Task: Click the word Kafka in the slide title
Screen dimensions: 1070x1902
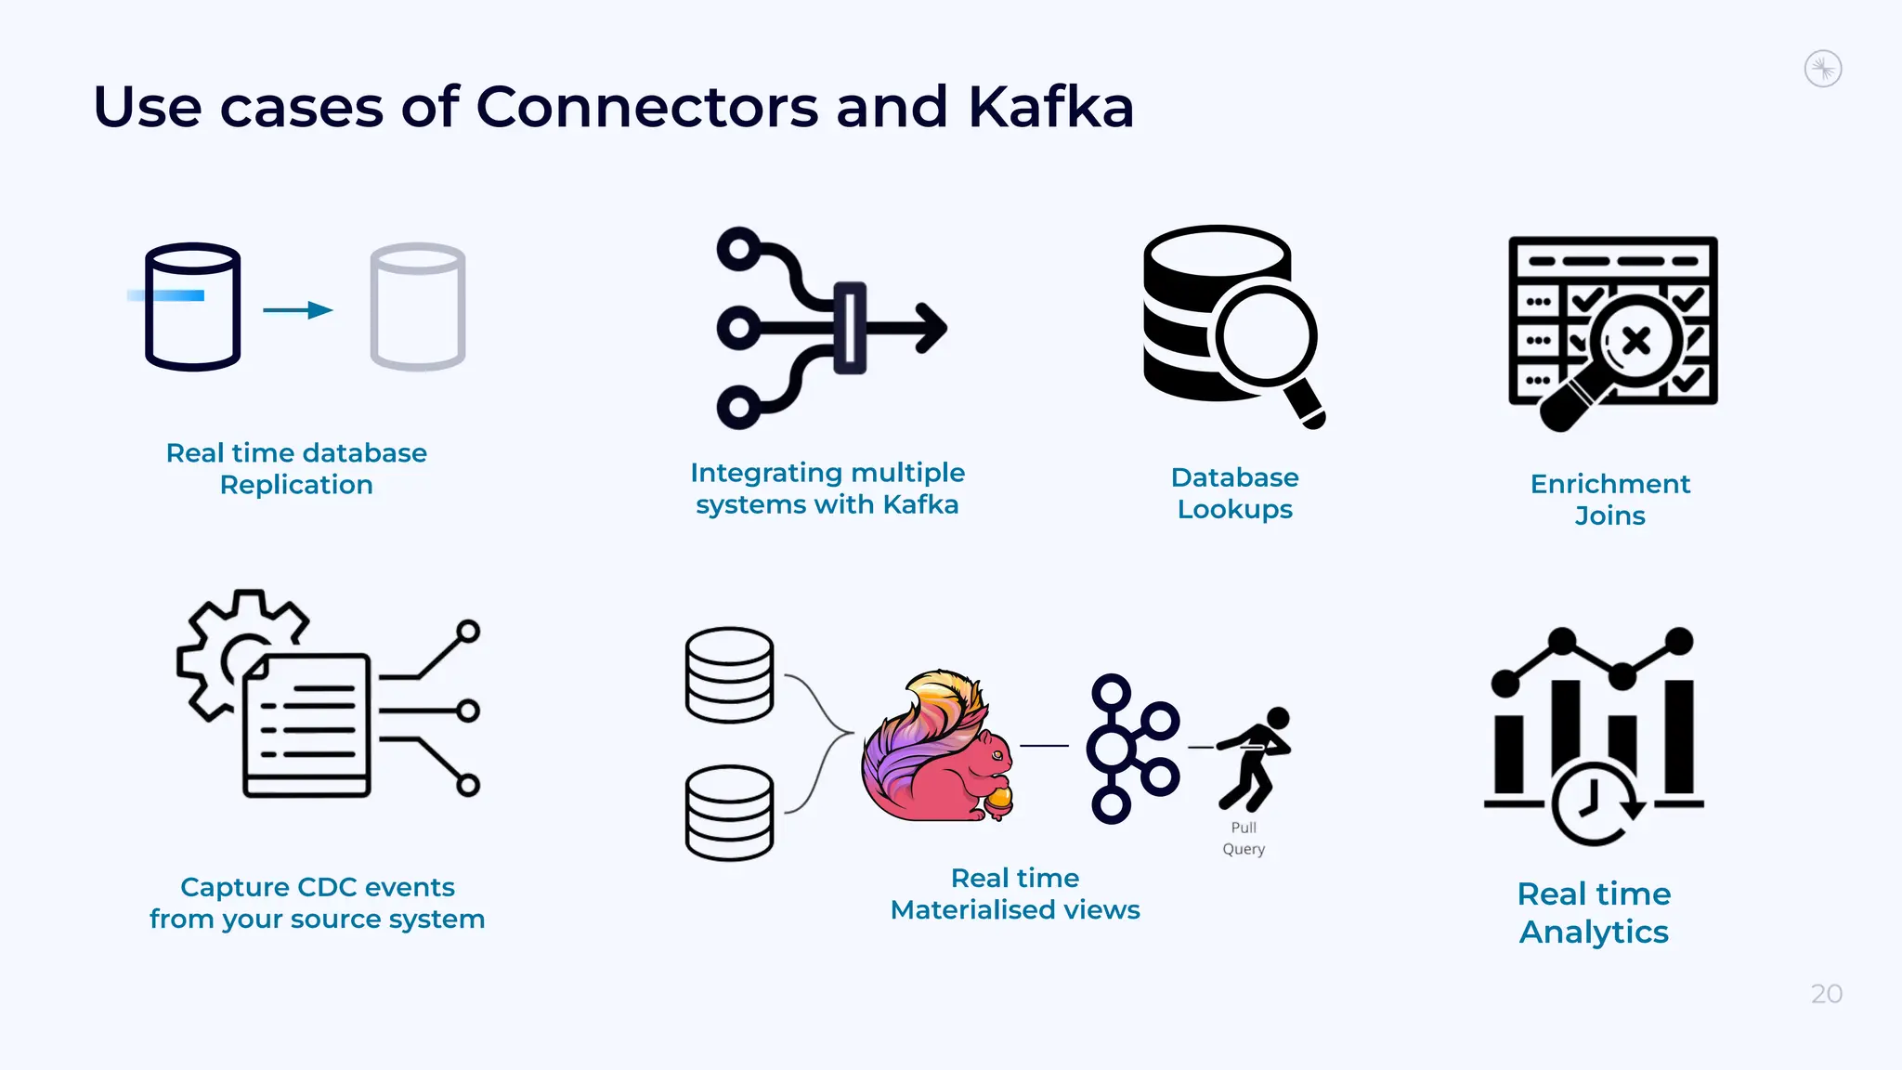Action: [1050, 107]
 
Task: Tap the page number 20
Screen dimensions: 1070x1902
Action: [1826, 994]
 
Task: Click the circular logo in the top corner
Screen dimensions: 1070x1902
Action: [1823, 69]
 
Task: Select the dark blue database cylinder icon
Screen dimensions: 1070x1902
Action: [193, 307]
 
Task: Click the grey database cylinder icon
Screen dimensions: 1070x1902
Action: [418, 307]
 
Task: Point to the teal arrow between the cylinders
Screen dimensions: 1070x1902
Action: [298, 310]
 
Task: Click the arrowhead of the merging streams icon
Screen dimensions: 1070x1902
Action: [931, 328]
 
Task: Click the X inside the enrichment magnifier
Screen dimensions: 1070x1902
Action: [1636, 341]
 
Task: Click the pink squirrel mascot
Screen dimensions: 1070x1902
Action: [938, 748]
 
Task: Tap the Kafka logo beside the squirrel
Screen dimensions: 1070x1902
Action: [1132, 748]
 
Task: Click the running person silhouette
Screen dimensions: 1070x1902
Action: [1255, 757]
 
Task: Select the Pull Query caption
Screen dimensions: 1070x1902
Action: [1244, 838]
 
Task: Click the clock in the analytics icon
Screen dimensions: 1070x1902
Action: [1592, 803]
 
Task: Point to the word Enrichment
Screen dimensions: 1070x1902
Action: [1609, 484]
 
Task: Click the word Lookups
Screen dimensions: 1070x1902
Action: [1234, 509]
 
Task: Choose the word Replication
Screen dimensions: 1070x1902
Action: [296, 485]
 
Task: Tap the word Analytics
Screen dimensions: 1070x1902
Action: [1594, 932]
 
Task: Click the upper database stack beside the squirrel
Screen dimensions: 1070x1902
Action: [729, 674]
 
